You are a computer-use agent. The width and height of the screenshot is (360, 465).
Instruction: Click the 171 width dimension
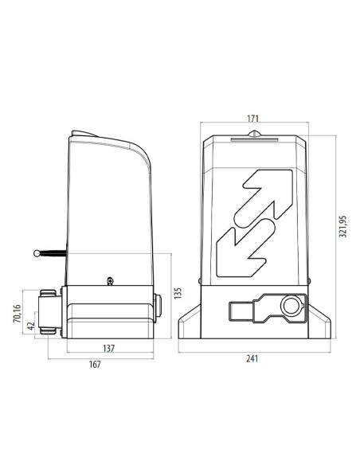point(252,119)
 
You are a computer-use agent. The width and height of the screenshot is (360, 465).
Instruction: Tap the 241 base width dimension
point(252,358)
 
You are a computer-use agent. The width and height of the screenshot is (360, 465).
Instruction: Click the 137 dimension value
point(108,348)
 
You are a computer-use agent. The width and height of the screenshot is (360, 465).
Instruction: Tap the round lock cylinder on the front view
point(293,306)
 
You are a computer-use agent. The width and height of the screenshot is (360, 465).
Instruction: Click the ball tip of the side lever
point(37,253)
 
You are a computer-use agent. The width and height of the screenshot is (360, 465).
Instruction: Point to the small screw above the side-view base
point(109,279)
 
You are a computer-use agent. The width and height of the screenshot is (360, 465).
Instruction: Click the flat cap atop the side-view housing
point(84,135)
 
